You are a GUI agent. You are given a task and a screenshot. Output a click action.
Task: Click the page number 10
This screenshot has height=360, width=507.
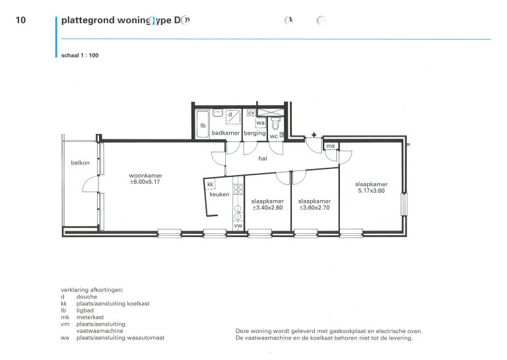click(x=20, y=20)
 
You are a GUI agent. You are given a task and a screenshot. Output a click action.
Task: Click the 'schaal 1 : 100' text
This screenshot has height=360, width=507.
click(x=79, y=55)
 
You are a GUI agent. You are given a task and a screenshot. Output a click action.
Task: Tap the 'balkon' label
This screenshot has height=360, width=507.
click(x=80, y=162)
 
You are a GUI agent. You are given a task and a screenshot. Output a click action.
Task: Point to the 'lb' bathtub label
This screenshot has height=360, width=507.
click(x=203, y=126)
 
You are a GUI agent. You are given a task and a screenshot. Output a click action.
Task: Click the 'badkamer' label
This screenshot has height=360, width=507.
click(x=226, y=133)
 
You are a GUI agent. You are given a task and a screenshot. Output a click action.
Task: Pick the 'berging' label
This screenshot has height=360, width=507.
click(x=254, y=133)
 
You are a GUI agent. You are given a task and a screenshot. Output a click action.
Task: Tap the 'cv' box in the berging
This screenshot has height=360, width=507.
click(x=251, y=113)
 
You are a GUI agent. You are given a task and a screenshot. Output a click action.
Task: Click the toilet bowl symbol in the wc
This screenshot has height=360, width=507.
click(x=276, y=124)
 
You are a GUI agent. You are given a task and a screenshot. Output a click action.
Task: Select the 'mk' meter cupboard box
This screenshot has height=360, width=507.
click(x=331, y=146)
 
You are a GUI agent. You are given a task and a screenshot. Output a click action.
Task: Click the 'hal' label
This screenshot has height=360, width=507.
click(x=262, y=159)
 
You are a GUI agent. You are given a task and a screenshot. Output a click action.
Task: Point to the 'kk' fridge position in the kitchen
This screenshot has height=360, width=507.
click(x=210, y=184)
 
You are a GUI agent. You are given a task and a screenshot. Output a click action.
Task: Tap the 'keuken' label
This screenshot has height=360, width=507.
click(x=219, y=195)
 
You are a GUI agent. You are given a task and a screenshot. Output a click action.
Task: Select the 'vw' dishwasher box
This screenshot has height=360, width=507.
click(x=238, y=227)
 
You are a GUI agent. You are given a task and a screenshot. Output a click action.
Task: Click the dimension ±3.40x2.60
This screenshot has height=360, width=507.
click(x=267, y=208)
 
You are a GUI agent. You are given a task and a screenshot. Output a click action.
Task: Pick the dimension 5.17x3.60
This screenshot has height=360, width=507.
click(x=371, y=192)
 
